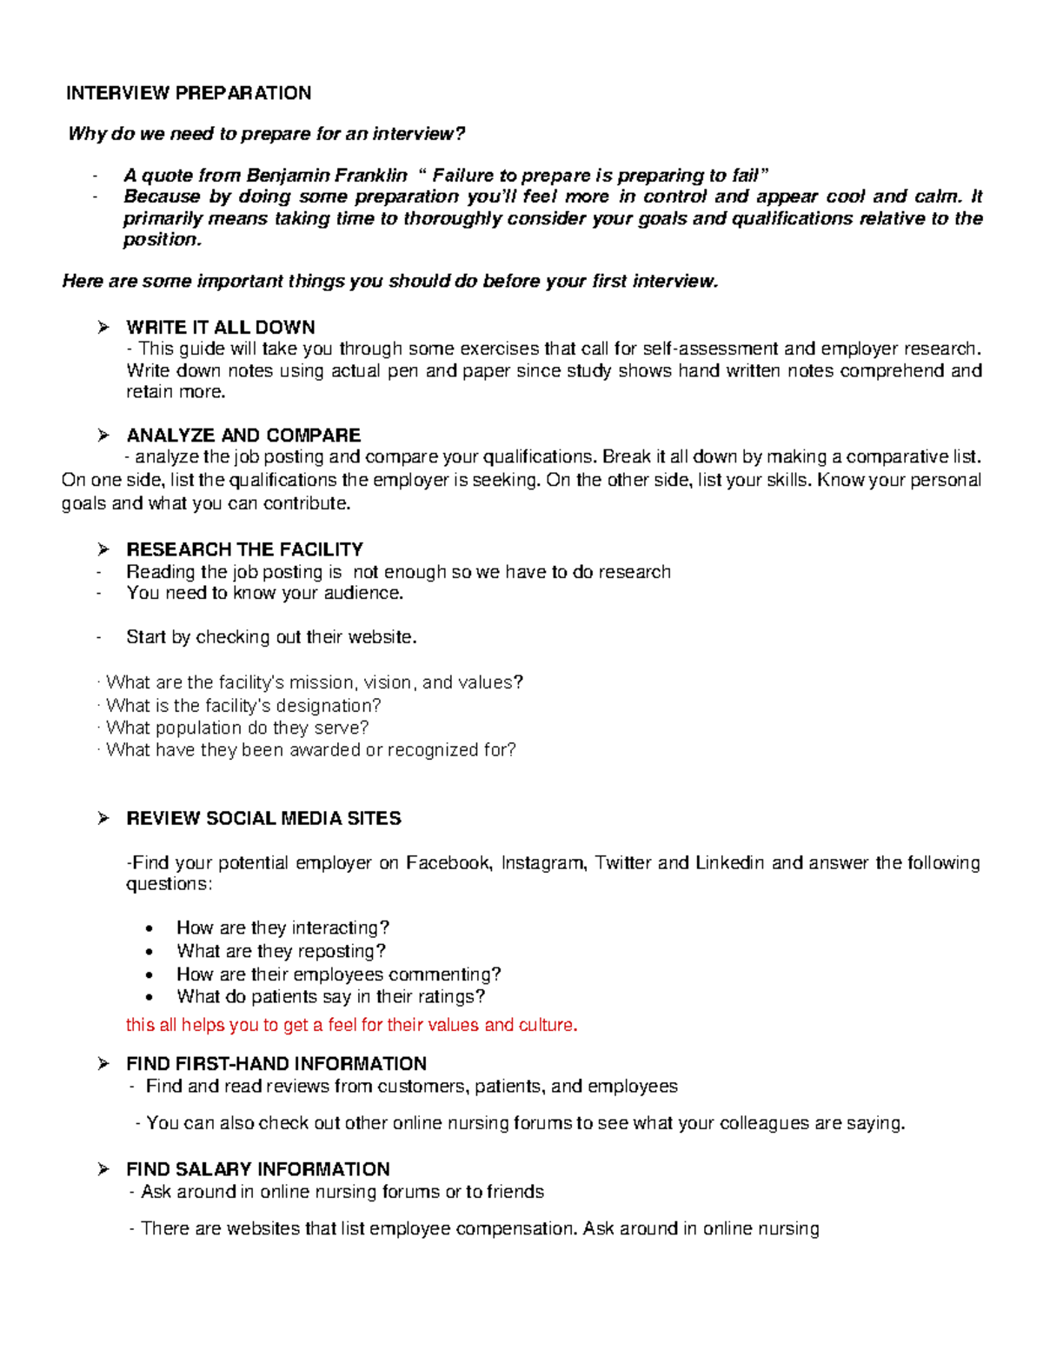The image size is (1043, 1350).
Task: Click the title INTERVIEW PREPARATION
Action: [189, 93]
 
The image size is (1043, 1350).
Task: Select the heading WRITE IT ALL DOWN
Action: [220, 328]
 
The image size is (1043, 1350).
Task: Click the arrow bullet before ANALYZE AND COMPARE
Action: [103, 436]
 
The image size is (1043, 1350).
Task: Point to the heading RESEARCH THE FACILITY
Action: [244, 549]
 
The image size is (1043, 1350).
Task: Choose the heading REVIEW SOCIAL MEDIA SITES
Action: [263, 818]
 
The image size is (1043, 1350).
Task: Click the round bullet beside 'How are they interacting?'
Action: [153, 928]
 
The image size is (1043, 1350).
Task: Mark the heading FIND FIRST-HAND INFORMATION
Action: [276, 1064]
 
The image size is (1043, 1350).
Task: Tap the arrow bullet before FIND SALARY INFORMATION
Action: [103, 1169]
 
